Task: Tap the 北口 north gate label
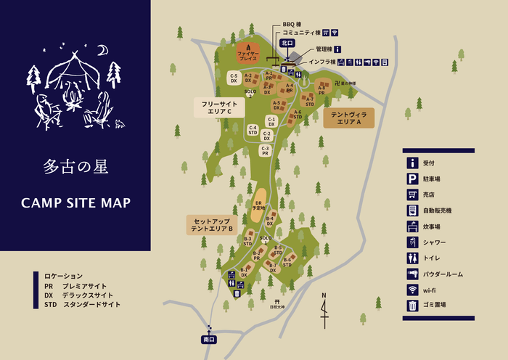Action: (287, 43)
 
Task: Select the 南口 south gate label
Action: (209, 339)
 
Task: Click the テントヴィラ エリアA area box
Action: (348, 119)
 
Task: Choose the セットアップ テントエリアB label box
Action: (211, 224)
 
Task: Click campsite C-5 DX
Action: (234, 78)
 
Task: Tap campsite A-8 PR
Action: (321, 90)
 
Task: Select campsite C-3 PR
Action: (265, 151)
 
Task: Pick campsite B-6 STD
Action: (287, 262)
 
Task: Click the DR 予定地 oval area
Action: (258, 205)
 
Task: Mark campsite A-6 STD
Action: (298, 115)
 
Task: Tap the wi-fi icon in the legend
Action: (412, 290)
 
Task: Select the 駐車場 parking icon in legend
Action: (412, 179)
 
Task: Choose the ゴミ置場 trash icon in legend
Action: (412, 306)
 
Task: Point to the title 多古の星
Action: (75, 167)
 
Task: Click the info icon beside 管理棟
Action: (337, 49)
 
